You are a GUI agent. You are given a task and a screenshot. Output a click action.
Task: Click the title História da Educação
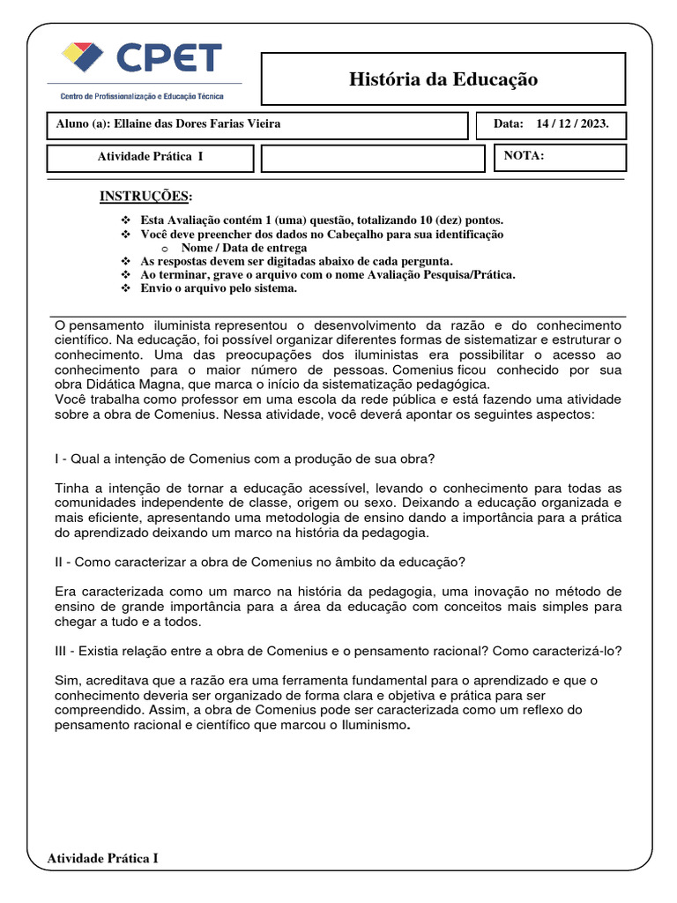(x=443, y=79)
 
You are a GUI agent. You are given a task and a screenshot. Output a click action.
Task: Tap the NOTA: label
(x=524, y=156)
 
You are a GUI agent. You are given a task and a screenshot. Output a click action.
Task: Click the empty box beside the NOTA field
(x=374, y=158)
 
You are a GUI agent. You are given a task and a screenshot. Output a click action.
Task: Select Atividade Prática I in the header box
(x=150, y=157)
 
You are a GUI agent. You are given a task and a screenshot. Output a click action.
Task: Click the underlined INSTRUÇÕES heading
(x=145, y=195)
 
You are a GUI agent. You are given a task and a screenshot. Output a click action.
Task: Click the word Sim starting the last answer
(x=66, y=680)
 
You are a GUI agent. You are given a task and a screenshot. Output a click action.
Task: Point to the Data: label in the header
(x=508, y=124)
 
